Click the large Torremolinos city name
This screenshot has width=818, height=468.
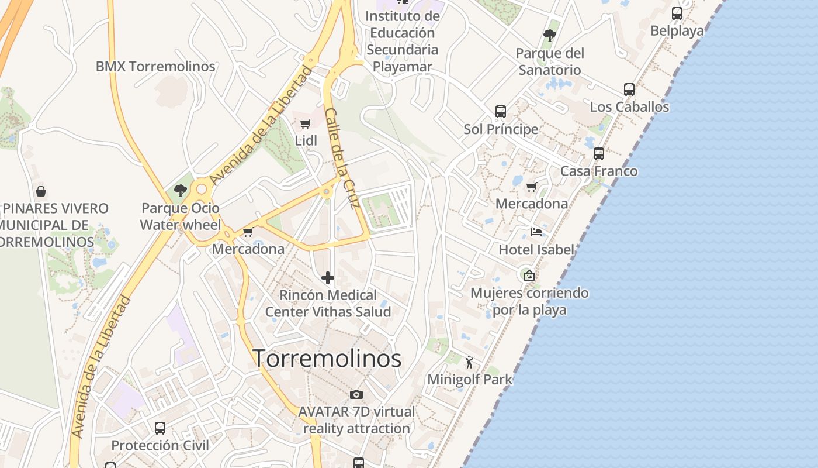click(x=327, y=359)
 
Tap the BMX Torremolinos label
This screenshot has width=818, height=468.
click(x=155, y=66)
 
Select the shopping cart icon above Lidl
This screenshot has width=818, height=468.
click(x=305, y=123)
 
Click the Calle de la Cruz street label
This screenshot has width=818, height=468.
click(x=341, y=158)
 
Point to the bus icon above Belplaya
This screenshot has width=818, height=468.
click(x=677, y=13)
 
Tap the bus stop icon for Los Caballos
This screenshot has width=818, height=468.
click(x=629, y=90)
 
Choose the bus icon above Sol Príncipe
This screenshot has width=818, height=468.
click(x=501, y=111)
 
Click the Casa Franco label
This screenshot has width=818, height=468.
click(x=599, y=171)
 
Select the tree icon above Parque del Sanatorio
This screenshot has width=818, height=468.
click(x=549, y=36)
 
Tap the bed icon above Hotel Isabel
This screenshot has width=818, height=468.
click(x=536, y=232)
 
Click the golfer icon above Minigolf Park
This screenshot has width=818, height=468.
click(x=469, y=363)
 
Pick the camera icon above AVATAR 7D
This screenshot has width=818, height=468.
click(x=356, y=395)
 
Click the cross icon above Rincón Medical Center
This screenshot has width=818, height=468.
click(x=328, y=278)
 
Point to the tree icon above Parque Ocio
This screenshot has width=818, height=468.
click(x=180, y=190)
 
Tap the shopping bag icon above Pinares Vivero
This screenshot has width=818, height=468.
click(x=41, y=191)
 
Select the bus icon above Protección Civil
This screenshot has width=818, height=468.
click(x=160, y=428)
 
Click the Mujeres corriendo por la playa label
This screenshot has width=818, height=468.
click(x=529, y=301)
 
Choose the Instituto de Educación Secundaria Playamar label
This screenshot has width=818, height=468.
click(x=402, y=41)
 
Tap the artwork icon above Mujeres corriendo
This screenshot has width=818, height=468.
click(x=529, y=275)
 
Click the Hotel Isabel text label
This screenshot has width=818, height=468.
click(x=536, y=250)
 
